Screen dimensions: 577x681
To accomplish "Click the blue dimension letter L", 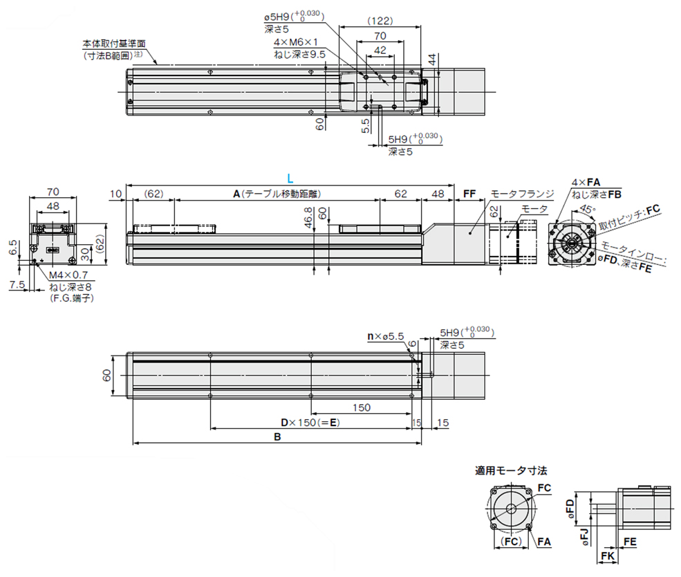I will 289,178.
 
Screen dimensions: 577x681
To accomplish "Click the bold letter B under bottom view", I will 277,437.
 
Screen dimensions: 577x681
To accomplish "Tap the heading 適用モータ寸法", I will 511,470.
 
